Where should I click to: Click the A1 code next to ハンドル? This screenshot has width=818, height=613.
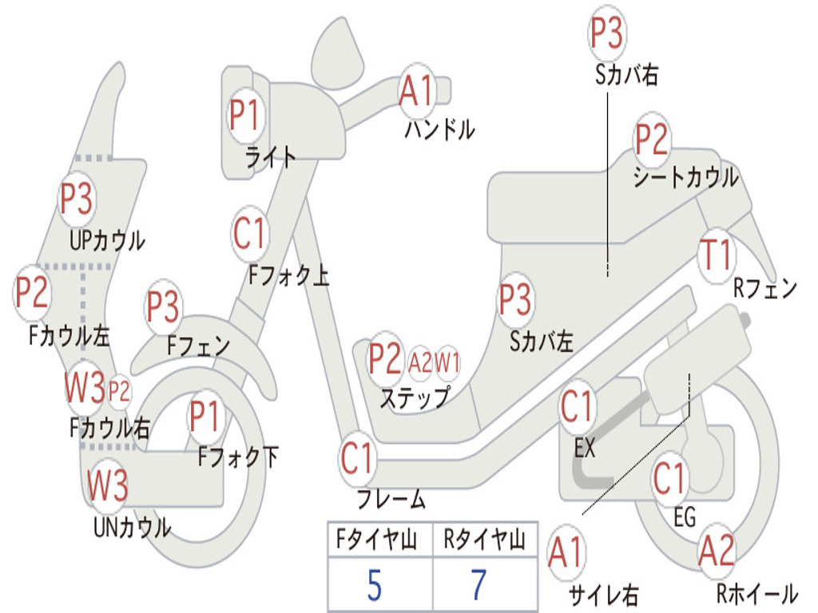point(416,90)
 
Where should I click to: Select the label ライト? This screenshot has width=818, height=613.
point(271,157)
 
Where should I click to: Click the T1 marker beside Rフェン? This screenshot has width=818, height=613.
point(715,255)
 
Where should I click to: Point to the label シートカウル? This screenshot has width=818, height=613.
point(685,177)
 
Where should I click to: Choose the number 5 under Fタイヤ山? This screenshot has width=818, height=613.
point(374,585)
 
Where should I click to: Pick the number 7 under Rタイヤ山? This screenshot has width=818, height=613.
point(478,585)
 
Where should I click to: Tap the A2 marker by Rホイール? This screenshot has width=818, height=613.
point(716,552)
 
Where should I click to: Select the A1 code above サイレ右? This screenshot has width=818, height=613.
point(566,553)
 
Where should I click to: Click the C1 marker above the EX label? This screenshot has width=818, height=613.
point(578,408)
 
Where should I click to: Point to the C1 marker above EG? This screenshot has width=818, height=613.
point(669,479)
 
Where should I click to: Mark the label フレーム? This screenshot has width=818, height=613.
point(391,500)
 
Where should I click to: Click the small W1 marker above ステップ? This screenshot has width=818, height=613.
point(447,363)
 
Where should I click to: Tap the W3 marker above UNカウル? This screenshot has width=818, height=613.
point(108,485)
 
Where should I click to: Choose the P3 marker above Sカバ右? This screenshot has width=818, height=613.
point(606,33)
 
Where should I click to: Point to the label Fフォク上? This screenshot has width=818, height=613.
point(288,276)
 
